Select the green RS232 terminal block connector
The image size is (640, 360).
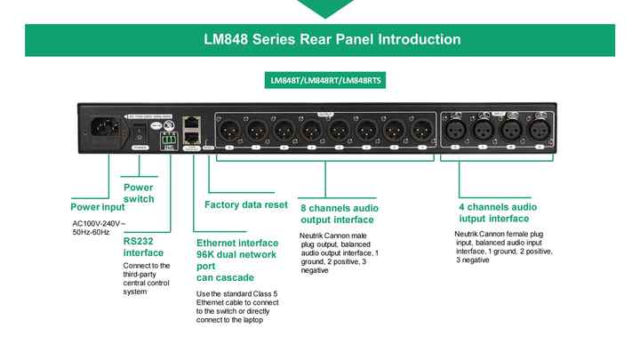tap(169, 140)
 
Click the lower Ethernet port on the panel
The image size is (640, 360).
tap(191, 139)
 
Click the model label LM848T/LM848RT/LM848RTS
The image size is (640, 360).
tap(320, 80)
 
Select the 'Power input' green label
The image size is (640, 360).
tap(97, 206)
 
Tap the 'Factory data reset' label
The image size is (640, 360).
tap(246, 204)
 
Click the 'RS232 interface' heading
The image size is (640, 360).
tap(143, 246)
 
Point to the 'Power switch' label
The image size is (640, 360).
tap(138, 193)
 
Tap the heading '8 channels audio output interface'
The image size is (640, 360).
tap(337, 212)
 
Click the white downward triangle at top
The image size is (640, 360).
tap(320, 7)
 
